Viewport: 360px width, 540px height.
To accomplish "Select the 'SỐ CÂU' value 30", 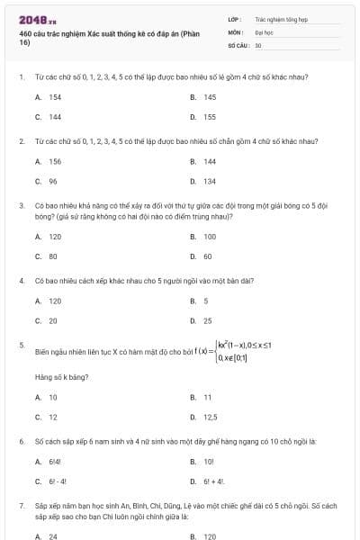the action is coord(258,44).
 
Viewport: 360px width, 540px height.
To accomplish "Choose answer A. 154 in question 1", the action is coord(49,97).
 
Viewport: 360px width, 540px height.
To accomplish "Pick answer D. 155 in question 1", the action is coord(203,117).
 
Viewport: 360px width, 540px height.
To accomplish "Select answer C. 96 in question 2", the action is coord(47,181).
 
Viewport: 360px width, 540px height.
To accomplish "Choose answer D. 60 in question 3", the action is coord(202,256).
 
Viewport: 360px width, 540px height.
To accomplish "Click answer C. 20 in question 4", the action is coord(47,320).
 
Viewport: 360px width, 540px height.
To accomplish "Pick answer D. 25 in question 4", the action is coord(202,320).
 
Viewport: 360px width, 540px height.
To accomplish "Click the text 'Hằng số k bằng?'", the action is coord(59,376).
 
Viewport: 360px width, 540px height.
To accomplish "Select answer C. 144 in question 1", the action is coord(49,117).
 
